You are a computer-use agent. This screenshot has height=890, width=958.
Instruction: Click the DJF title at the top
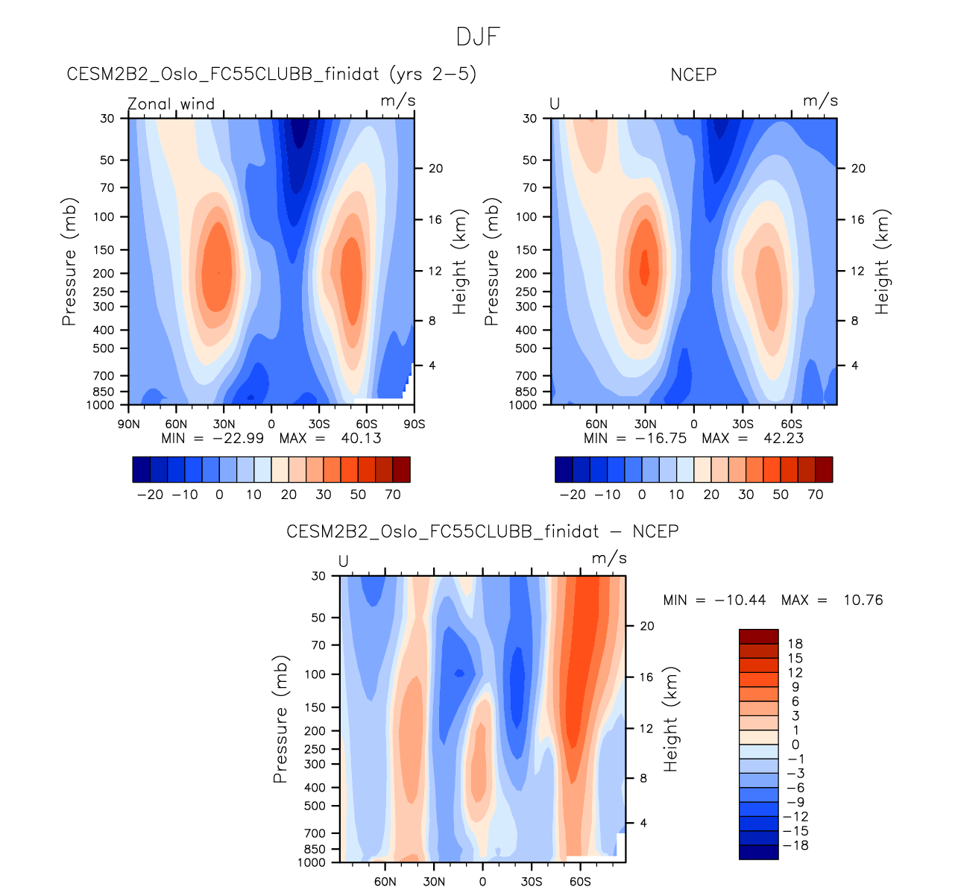pyautogui.click(x=478, y=37)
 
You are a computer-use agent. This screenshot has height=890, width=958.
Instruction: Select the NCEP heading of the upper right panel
pyautogui.click(x=693, y=74)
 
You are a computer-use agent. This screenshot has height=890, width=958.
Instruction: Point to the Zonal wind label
pyautogui.click(x=171, y=104)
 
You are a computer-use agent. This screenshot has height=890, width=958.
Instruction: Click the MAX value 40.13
pyautogui.click(x=361, y=438)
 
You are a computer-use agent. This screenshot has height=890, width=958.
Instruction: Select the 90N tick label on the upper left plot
pyautogui.click(x=129, y=424)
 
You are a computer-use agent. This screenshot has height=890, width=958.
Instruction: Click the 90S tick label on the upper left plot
pyautogui.click(x=415, y=424)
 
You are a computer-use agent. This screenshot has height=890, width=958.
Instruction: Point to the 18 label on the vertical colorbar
pyautogui.click(x=795, y=644)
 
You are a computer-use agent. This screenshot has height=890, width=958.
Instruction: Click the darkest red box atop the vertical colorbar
pyautogui.click(x=758, y=636)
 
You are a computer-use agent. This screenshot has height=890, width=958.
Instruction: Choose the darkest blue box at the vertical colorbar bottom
pyautogui.click(x=758, y=852)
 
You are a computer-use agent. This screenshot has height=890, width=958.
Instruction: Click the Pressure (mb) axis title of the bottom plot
pyautogui.click(x=280, y=719)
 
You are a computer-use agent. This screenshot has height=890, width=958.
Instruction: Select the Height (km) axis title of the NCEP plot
pyautogui.click(x=883, y=262)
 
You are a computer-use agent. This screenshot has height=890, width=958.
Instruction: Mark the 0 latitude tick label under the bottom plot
pyautogui.click(x=482, y=882)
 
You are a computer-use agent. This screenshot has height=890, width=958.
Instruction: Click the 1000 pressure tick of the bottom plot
pyautogui.click(x=312, y=862)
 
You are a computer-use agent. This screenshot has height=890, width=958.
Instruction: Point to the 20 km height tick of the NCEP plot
pyautogui.click(x=858, y=169)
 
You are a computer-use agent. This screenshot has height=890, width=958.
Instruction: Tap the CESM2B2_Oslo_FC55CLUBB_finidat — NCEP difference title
pyautogui.click(x=482, y=531)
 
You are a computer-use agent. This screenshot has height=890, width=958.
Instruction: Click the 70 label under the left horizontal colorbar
pyautogui.click(x=393, y=495)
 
